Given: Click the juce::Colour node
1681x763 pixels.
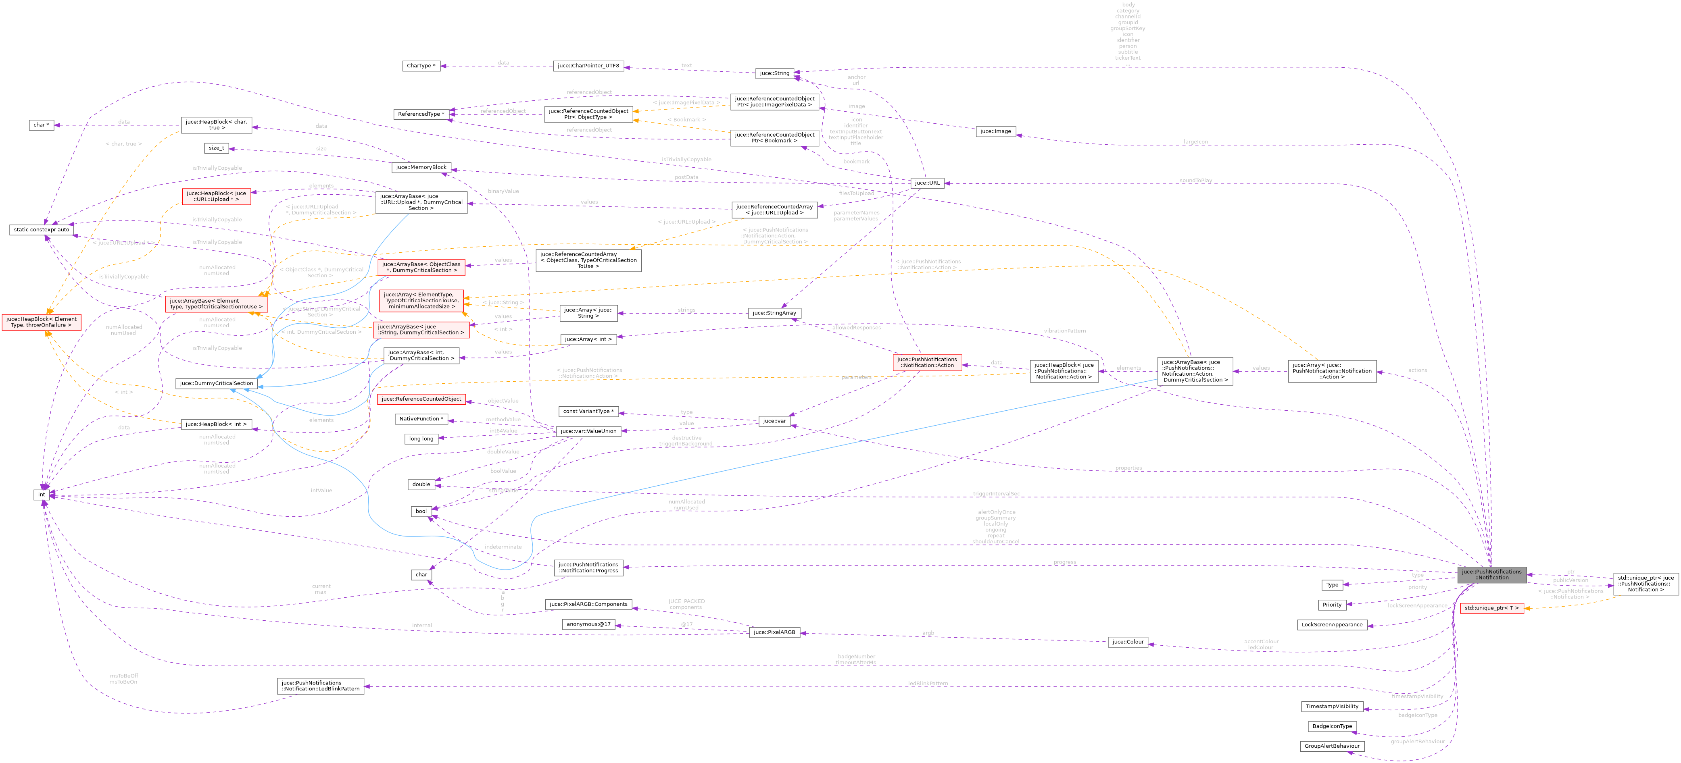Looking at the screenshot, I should pos(1127,642).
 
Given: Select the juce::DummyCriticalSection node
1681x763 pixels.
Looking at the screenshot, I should pos(216,383).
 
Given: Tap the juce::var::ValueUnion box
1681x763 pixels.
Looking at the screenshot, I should pos(588,431).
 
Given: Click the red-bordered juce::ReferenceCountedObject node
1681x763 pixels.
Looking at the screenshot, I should pos(421,399).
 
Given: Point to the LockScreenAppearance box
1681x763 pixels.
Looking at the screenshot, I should pos(1332,625).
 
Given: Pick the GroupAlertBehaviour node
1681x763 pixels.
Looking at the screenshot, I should pos(1331,746).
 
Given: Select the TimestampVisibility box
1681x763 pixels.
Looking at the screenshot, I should pos(1332,706).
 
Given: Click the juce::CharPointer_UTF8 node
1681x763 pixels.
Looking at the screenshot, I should pos(588,66).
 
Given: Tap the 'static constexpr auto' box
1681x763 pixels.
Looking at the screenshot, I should pos(41,230).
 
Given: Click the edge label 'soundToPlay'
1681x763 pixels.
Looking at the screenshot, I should pos(1195,181).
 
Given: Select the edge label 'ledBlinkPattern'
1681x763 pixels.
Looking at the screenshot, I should pos(927,684).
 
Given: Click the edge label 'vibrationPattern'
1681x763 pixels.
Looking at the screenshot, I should pos(1064,331).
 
